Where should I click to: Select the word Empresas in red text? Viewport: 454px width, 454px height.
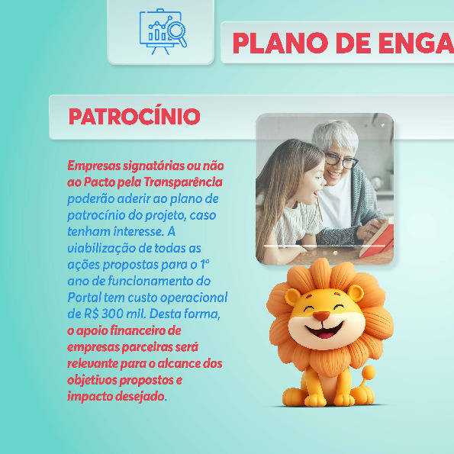pyautogui.click(x=94, y=166)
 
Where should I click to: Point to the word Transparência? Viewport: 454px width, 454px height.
pyautogui.click(x=183, y=182)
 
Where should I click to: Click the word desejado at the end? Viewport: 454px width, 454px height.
pyautogui.click(x=140, y=396)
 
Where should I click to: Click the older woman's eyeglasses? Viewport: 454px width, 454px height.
pyautogui.click(x=341, y=160)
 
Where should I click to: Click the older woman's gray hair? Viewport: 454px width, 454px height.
pyautogui.click(x=336, y=134)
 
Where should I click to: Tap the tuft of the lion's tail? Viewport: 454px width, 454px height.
pyautogui.click(x=368, y=372)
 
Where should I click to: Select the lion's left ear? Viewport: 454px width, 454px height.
pyautogui.click(x=292, y=297)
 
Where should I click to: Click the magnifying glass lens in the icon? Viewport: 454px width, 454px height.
pyautogui.click(x=176, y=31)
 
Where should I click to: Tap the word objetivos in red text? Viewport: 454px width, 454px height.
pyautogui.click(x=92, y=380)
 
